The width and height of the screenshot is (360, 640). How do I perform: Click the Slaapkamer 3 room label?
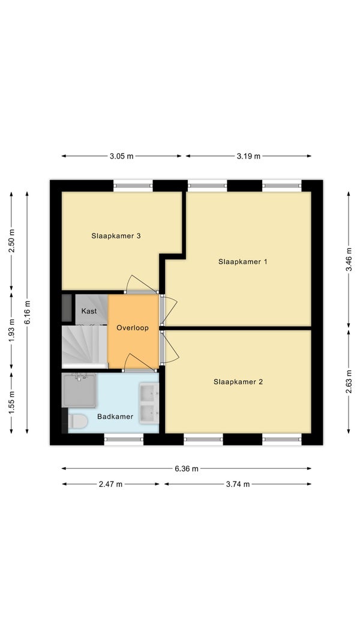click(116, 235)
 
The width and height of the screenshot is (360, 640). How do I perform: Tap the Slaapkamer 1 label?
click(242, 262)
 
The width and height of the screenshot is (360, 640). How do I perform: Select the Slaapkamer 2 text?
click(238, 382)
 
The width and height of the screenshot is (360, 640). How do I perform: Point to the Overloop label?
click(133, 328)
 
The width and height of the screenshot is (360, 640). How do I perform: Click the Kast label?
click(89, 311)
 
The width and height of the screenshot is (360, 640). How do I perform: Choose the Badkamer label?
click(115, 417)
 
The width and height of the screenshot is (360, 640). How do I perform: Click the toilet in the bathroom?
click(77, 421)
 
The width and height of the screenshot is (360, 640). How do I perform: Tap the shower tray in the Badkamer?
click(79, 390)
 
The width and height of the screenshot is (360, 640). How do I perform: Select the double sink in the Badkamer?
click(149, 403)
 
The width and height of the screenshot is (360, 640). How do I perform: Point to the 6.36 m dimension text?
click(187, 468)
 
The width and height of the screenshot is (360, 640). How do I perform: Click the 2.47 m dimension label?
click(110, 484)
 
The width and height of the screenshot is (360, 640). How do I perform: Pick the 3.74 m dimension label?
click(238, 484)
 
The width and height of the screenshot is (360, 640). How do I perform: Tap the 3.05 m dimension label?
click(121, 156)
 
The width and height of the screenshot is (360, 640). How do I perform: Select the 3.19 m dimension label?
click(248, 156)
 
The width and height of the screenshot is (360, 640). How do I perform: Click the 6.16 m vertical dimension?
click(27, 312)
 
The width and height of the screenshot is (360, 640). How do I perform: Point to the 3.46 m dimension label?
click(348, 259)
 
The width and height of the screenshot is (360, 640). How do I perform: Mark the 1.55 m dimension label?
click(11, 402)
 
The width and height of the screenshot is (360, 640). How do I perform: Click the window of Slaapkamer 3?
click(133, 186)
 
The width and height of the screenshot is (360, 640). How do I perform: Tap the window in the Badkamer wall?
click(124, 439)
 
